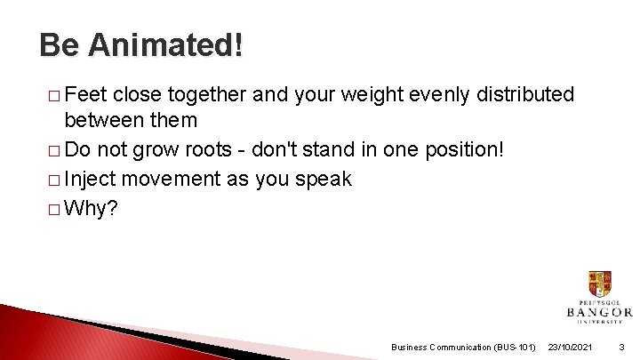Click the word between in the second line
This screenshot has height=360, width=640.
pyautogui.click(x=101, y=119)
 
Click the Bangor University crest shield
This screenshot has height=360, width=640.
pyautogui.click(x=598, y=284)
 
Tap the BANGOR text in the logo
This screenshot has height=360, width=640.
pyautogui.click(x=598, y=312)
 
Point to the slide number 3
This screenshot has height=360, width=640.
pyautogui.click(x=621, y=347)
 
